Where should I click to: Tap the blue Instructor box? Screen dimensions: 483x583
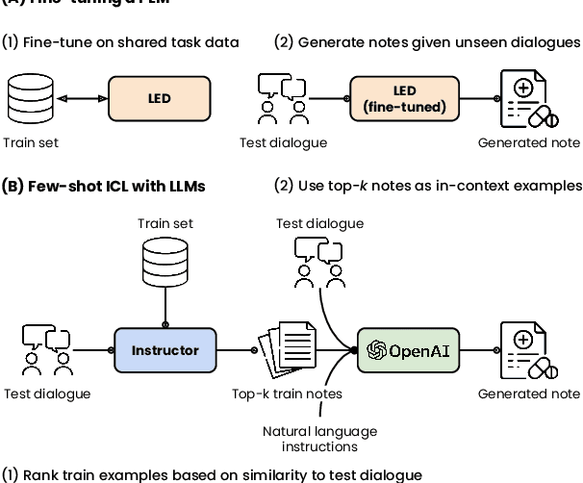click(x=165, y=350)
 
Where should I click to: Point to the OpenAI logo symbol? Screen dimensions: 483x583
click(x=376, y=350)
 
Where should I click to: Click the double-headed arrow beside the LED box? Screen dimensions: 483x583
click(x=81, y=98)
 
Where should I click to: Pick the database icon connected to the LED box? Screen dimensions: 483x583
click(x=30, y=99)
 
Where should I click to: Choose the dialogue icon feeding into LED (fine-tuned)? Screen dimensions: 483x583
click(x=282, y=99)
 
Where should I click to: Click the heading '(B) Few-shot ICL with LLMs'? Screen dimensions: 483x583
click(x=103, y=185)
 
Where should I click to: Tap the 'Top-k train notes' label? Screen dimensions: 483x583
click(x=286, y=394)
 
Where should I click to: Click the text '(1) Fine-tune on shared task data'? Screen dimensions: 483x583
click(x=120, y=42)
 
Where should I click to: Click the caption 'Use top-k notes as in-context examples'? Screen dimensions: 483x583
click(x=439, y=185)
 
